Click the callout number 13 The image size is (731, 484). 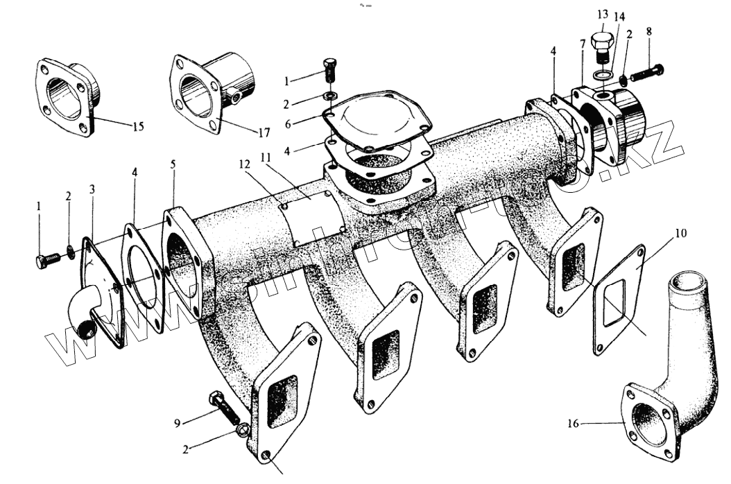(x=601, y=15)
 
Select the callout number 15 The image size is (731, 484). (x=139, y=126)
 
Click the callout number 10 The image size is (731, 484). (x=680, y=233)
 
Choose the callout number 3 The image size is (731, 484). (x=92, y=189)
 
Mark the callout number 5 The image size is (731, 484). (x=173, y=164)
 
